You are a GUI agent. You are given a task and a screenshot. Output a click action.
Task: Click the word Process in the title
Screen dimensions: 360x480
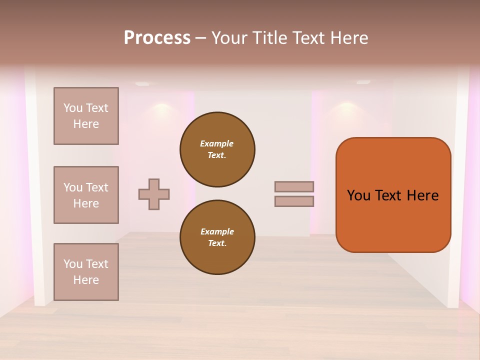coord(157,38)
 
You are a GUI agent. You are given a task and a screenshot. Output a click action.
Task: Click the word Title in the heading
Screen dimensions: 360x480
coord(272,38)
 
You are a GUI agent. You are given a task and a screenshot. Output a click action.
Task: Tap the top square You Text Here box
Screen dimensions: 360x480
coord(86,116)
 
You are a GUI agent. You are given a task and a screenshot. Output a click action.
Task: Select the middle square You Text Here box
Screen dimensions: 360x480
coord(86,195)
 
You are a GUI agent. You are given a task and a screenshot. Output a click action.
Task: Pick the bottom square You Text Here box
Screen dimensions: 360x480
coord(86,272)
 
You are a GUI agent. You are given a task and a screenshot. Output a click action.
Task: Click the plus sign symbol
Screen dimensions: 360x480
coord(154,194)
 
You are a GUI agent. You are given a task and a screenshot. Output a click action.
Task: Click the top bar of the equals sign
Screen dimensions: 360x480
coord(294,187)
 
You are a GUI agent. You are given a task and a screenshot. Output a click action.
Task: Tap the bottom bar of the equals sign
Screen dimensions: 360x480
coord(294,201)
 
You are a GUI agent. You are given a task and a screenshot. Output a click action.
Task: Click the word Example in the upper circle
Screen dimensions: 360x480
coord(216,143)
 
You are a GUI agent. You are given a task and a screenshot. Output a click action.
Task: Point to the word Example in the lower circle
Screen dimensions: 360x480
coord(217,231)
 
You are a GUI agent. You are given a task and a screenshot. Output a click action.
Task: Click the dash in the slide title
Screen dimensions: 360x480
coord(200,38)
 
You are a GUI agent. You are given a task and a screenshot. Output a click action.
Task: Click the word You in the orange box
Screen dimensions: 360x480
coord(358,195)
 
